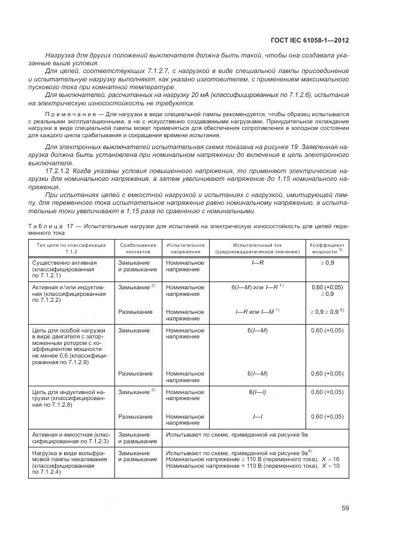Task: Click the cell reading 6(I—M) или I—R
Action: pos(257,287)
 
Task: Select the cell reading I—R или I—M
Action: pos(257,312)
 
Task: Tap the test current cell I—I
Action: pos(257,416)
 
